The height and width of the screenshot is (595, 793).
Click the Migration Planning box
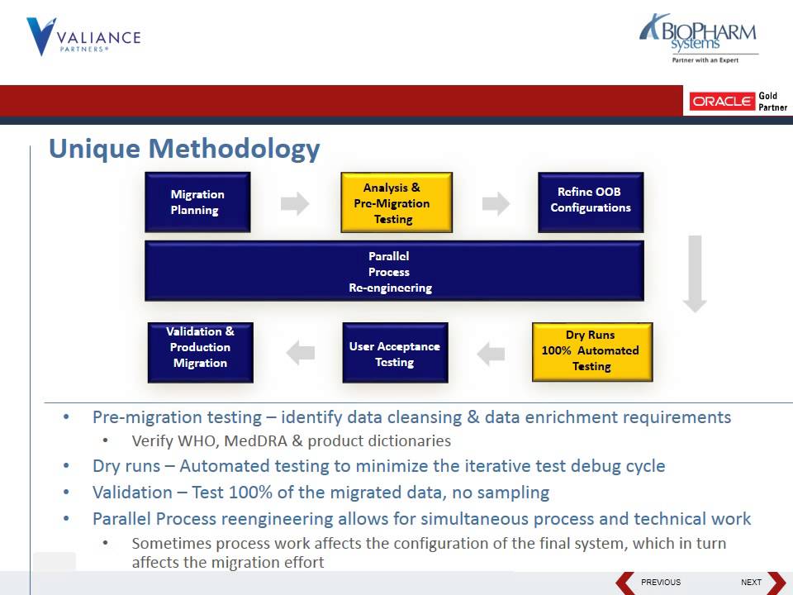pyautogui.click(x=197, y=202)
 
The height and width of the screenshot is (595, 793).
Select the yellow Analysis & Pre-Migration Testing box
pyautogui.click(x=396, y=202)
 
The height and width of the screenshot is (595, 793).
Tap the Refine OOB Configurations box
pyautogui.click(x=591, y=201)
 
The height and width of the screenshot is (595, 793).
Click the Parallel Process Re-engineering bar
pyautogui.click(x=394, y=271)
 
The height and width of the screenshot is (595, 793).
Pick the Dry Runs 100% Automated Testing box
pyautogui.click(x=591, y=351)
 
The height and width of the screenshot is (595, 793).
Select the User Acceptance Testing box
pyautogui.click(x=395, y=354)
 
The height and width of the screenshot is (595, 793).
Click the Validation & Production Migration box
pyautogui.click(x=200, y=352)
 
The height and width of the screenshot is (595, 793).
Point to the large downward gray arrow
pyautogui.click(x=695, y=274)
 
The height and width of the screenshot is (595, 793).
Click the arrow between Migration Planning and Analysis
pyautogui.click(x=295, y=203)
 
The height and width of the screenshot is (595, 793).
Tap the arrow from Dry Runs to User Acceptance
pyautogui.click(x=491, y=354)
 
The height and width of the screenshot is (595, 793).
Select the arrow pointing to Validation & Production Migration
pyautogui.click(x=301, y=354)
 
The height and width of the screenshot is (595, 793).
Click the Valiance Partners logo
pyautogui.click(x=83, y=37)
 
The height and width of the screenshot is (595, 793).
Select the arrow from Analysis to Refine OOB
pyautogui.click(x=496, y=203)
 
